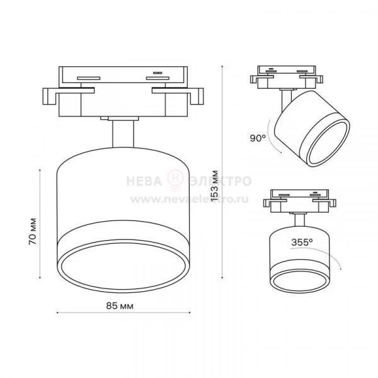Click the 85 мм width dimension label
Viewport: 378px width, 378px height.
pos(120,306)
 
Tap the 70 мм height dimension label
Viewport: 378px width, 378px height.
pos(33,231)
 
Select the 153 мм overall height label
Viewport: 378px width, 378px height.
pos(214,186)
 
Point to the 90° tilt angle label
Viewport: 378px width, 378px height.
pos(258,138)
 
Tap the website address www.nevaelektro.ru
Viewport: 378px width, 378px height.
pos(190,199)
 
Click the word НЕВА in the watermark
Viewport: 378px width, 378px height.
pos(144,181)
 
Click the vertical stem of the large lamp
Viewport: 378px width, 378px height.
pos(123,134)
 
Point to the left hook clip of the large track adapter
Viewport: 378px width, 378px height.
pos(49,96)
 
